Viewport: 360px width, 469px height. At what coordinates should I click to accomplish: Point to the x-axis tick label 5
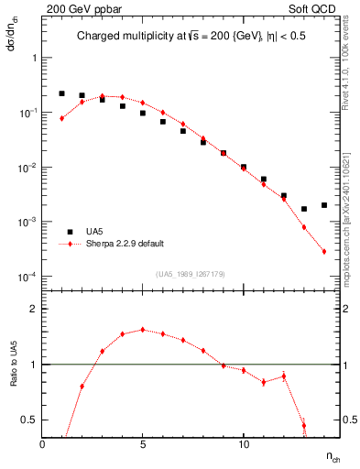click(143, 444)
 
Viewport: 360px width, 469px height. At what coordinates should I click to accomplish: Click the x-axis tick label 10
click(243, 444)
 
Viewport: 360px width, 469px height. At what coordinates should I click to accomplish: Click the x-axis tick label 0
click(43, 444)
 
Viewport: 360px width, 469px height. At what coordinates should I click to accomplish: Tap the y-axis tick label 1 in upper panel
click(34, 58)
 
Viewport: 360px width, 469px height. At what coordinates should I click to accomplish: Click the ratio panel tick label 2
click(34, 310)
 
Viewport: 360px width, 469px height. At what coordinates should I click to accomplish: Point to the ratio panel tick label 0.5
click(29, 420)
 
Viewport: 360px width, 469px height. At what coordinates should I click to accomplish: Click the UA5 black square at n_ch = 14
click(324, 205)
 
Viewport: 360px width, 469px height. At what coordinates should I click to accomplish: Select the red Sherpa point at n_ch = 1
click(62, 118)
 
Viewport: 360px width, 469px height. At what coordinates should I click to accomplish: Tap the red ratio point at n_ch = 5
click(143, 330)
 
